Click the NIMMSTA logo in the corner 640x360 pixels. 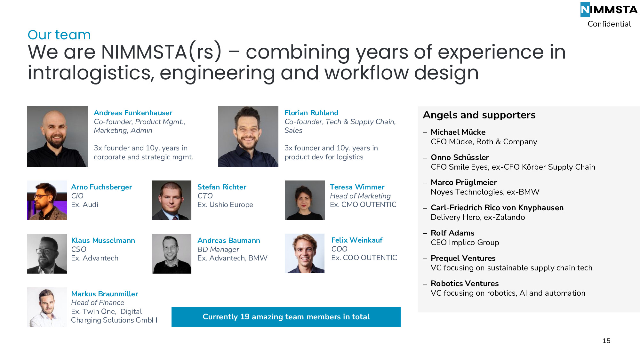[x=609, y=10]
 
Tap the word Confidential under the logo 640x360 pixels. [x=609, y=24]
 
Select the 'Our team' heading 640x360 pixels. [x=59, y=35]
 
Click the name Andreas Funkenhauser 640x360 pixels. [x=133, y=113]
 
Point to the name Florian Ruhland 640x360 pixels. [x=311, y=113]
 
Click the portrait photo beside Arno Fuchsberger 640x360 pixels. [x=47, y=200]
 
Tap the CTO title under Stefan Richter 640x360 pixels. [x=205, y=196]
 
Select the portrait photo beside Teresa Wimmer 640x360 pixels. [x=305, y=200]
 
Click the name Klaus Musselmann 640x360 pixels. [x=103, y=240]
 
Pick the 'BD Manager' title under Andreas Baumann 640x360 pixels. [x=218, y=249]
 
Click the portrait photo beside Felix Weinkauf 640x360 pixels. [x=305, y=253]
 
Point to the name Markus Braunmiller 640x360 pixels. [x=105, y=294]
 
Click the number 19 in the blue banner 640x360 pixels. [x=245, y=317]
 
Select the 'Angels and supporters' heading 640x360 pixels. [x=479, y=115]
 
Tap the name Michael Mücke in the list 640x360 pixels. [x=458, y=132]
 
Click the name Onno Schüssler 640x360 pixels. [x=460, y=157]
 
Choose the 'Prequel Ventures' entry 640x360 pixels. [x=463, y=258]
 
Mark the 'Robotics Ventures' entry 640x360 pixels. [x=465, y=284]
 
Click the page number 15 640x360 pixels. [x=606, y=341]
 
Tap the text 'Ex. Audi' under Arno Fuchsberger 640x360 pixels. [x=85, y=205]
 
